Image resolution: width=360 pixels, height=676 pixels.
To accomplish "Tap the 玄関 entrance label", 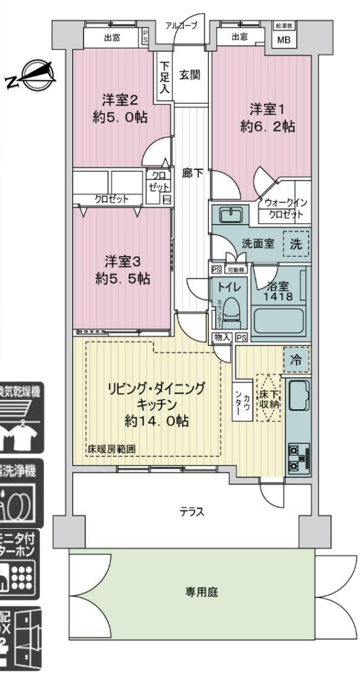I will coord(191,75).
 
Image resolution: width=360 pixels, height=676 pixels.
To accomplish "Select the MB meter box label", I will coord(284,39).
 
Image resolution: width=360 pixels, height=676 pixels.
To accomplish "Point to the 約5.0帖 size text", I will coord(119,118).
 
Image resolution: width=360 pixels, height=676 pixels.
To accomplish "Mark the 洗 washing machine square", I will coord(295,242).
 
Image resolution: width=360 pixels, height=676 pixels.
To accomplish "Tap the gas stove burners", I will coord(293,458).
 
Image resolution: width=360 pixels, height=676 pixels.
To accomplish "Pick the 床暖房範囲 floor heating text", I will coord(112,450).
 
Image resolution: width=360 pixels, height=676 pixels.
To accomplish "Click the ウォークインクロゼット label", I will coord(285,209).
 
